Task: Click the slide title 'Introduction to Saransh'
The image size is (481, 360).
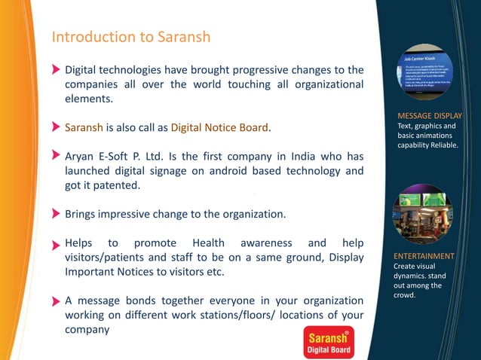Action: pos(130,37)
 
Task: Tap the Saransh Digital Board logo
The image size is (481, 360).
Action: pos(328,343)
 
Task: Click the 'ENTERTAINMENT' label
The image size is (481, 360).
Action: pos(424,256)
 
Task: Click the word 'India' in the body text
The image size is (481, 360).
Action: pos(296,156)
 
